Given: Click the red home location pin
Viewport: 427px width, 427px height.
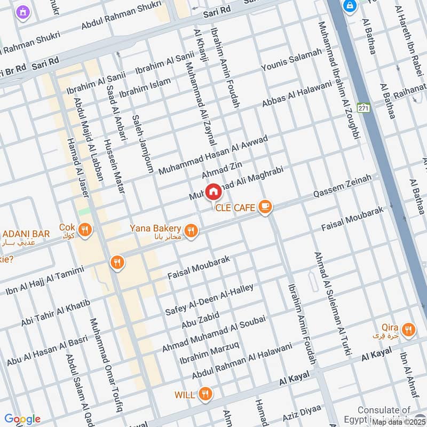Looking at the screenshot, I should point(213,191).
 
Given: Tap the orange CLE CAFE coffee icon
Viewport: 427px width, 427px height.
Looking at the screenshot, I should point(265,207).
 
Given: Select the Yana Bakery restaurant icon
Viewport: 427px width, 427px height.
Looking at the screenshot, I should point(192,231).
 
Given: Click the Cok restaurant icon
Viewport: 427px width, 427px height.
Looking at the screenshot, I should point(84,231).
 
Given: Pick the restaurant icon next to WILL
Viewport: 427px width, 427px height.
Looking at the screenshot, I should point(204,394).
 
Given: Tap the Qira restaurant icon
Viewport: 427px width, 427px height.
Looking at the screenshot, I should point(408,329).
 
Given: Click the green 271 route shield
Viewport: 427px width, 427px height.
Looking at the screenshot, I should point(364,108).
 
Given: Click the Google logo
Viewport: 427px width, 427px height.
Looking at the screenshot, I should point(22,419).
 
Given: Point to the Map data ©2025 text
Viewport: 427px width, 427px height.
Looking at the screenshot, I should point(399,422).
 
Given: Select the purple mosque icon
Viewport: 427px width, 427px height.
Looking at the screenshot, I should point(22,11).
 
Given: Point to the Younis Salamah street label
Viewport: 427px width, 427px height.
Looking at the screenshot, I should point(291,60).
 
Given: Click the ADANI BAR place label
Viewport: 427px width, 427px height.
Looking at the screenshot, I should point(26,234).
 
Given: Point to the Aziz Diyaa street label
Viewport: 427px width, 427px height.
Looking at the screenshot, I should point(302,412).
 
